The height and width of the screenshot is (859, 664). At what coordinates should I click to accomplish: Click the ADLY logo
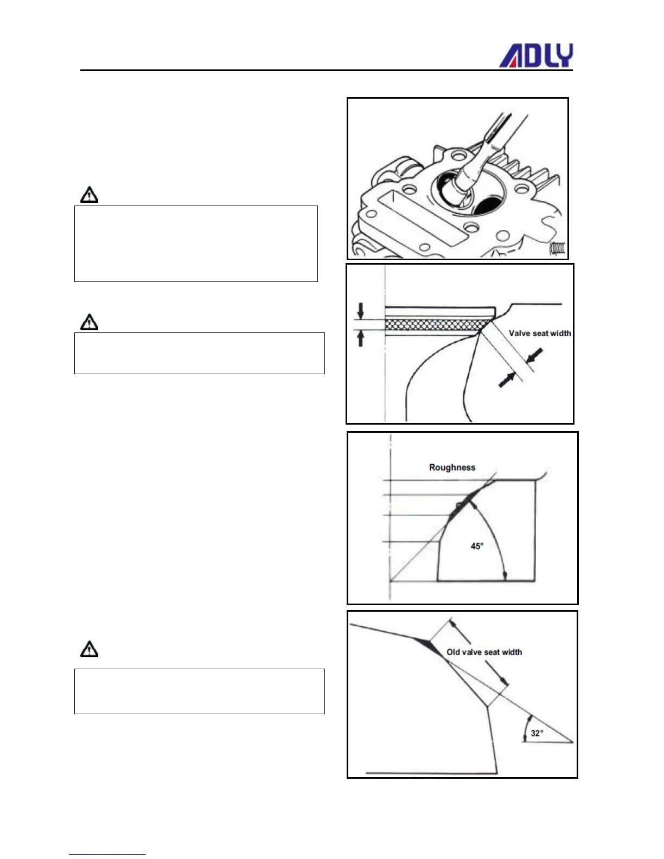(535, 56)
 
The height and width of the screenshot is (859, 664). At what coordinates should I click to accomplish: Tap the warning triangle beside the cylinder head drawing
(90, 195)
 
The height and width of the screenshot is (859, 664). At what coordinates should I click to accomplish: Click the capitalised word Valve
(519, 334)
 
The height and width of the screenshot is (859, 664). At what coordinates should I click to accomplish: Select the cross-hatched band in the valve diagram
(434, 324)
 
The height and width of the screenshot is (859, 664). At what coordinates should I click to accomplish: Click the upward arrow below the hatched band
(361, 338)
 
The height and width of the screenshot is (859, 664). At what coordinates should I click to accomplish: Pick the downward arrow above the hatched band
(361, 311)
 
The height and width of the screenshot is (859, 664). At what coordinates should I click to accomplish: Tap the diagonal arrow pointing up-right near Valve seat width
(507, 380)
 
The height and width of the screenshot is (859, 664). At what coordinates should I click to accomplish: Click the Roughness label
(452, 467)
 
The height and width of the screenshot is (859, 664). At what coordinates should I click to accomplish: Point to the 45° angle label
(477, 546)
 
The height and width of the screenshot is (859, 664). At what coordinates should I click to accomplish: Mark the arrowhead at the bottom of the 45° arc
(505, 576)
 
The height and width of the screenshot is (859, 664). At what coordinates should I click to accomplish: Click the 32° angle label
(537, 733)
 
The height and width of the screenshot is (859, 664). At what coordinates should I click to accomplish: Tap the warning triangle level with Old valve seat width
(90, 649)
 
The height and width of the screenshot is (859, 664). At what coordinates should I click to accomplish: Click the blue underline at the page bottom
(107, 854)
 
